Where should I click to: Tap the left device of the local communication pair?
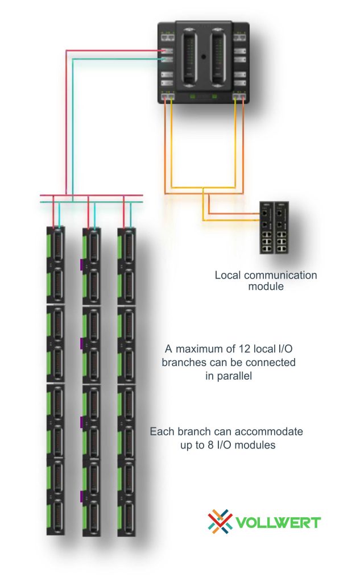coord(267,228)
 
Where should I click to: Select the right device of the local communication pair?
coord(282,228)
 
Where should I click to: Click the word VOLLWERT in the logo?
coord(278,522)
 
